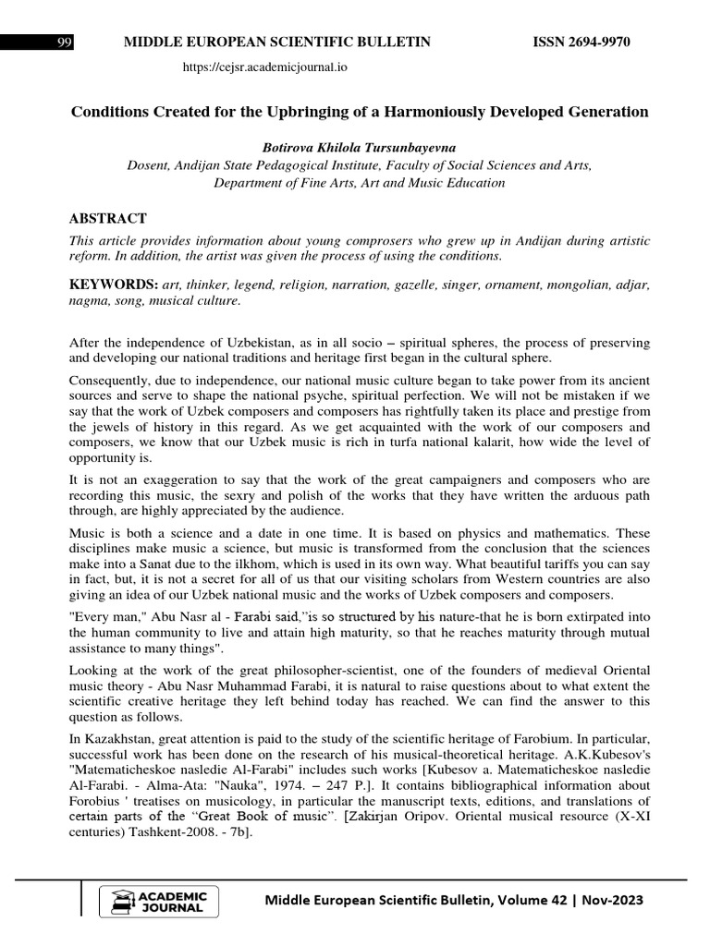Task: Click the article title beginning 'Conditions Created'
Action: (x=360, y=112)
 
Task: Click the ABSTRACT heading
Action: (x=108, y=218)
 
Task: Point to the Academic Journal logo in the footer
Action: (x=159, y=902)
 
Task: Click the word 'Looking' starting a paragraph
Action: (x=93, y=670)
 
